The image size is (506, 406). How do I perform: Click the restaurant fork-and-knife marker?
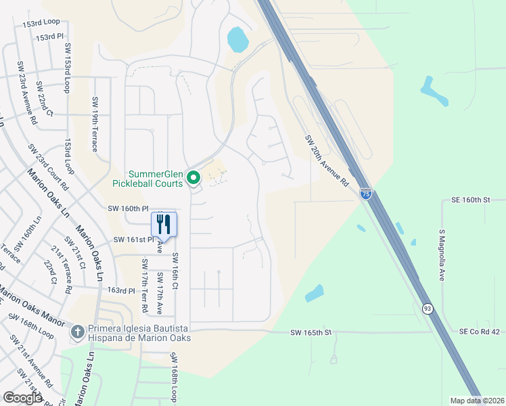coord(163,224)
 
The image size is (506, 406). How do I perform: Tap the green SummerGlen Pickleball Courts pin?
coord(193,178)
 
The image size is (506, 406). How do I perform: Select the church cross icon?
coord(78,332)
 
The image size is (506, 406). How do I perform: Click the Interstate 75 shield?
coord(365,194)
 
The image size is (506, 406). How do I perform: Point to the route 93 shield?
coord(428,309)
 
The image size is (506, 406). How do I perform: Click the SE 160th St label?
coord(469,200)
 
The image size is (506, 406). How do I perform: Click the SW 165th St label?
coord(311,332)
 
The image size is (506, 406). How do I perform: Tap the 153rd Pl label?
coord(49,38)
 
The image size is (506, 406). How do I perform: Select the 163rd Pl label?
coord(122,290)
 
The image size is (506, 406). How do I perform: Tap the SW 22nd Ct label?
coord(45,98)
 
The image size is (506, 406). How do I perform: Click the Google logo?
coord(22,398)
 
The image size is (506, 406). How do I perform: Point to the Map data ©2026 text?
coord(477,401)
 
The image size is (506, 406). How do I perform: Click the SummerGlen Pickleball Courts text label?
coord(147,179)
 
